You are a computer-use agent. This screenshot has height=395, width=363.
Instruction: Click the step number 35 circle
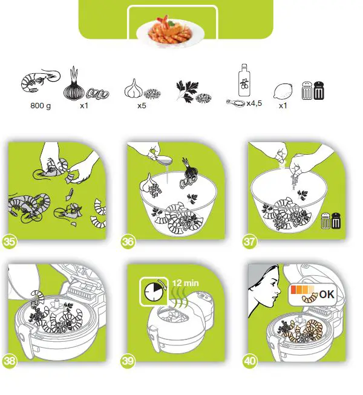(9, 241)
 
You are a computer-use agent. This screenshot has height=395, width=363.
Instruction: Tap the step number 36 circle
(128, 241)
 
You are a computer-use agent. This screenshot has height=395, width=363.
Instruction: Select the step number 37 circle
(250, 241)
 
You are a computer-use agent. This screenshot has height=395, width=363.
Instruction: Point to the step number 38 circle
(9, 362)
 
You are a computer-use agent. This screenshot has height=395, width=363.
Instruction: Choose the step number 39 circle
(128, 362)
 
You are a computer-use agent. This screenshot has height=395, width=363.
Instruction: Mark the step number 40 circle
(250, 362)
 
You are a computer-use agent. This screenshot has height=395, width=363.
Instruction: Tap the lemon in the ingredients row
(283, 91)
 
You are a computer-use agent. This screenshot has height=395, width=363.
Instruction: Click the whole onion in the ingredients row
(74, 90)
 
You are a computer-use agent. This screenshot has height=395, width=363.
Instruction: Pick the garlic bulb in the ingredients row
(133, 90)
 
